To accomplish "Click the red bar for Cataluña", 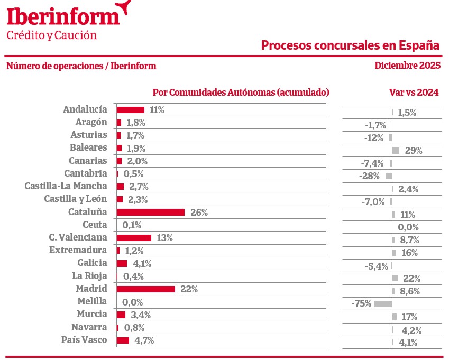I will (151, 212).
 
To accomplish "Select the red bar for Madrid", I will (146, 289).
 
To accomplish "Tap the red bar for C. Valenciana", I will (134, 238).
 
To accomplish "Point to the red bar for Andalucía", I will (131, 110).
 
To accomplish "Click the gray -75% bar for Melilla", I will (383, 304).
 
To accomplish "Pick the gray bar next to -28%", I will (389, 176).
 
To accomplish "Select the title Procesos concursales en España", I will (351, 45).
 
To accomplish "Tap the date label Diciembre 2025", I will (407, 66).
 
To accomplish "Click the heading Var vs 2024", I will (414, 92).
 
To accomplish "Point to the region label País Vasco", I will (85, 340).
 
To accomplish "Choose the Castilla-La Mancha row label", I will (66, 186).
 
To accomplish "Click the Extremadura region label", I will (78, 250).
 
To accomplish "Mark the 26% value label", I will (199, 213).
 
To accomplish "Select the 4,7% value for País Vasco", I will (144, 340).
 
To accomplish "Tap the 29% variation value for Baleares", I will (414, 151).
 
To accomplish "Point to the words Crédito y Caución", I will (52, 35).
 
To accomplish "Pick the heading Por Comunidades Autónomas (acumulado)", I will (241, 92).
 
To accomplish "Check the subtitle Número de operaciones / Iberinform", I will (81, 66).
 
